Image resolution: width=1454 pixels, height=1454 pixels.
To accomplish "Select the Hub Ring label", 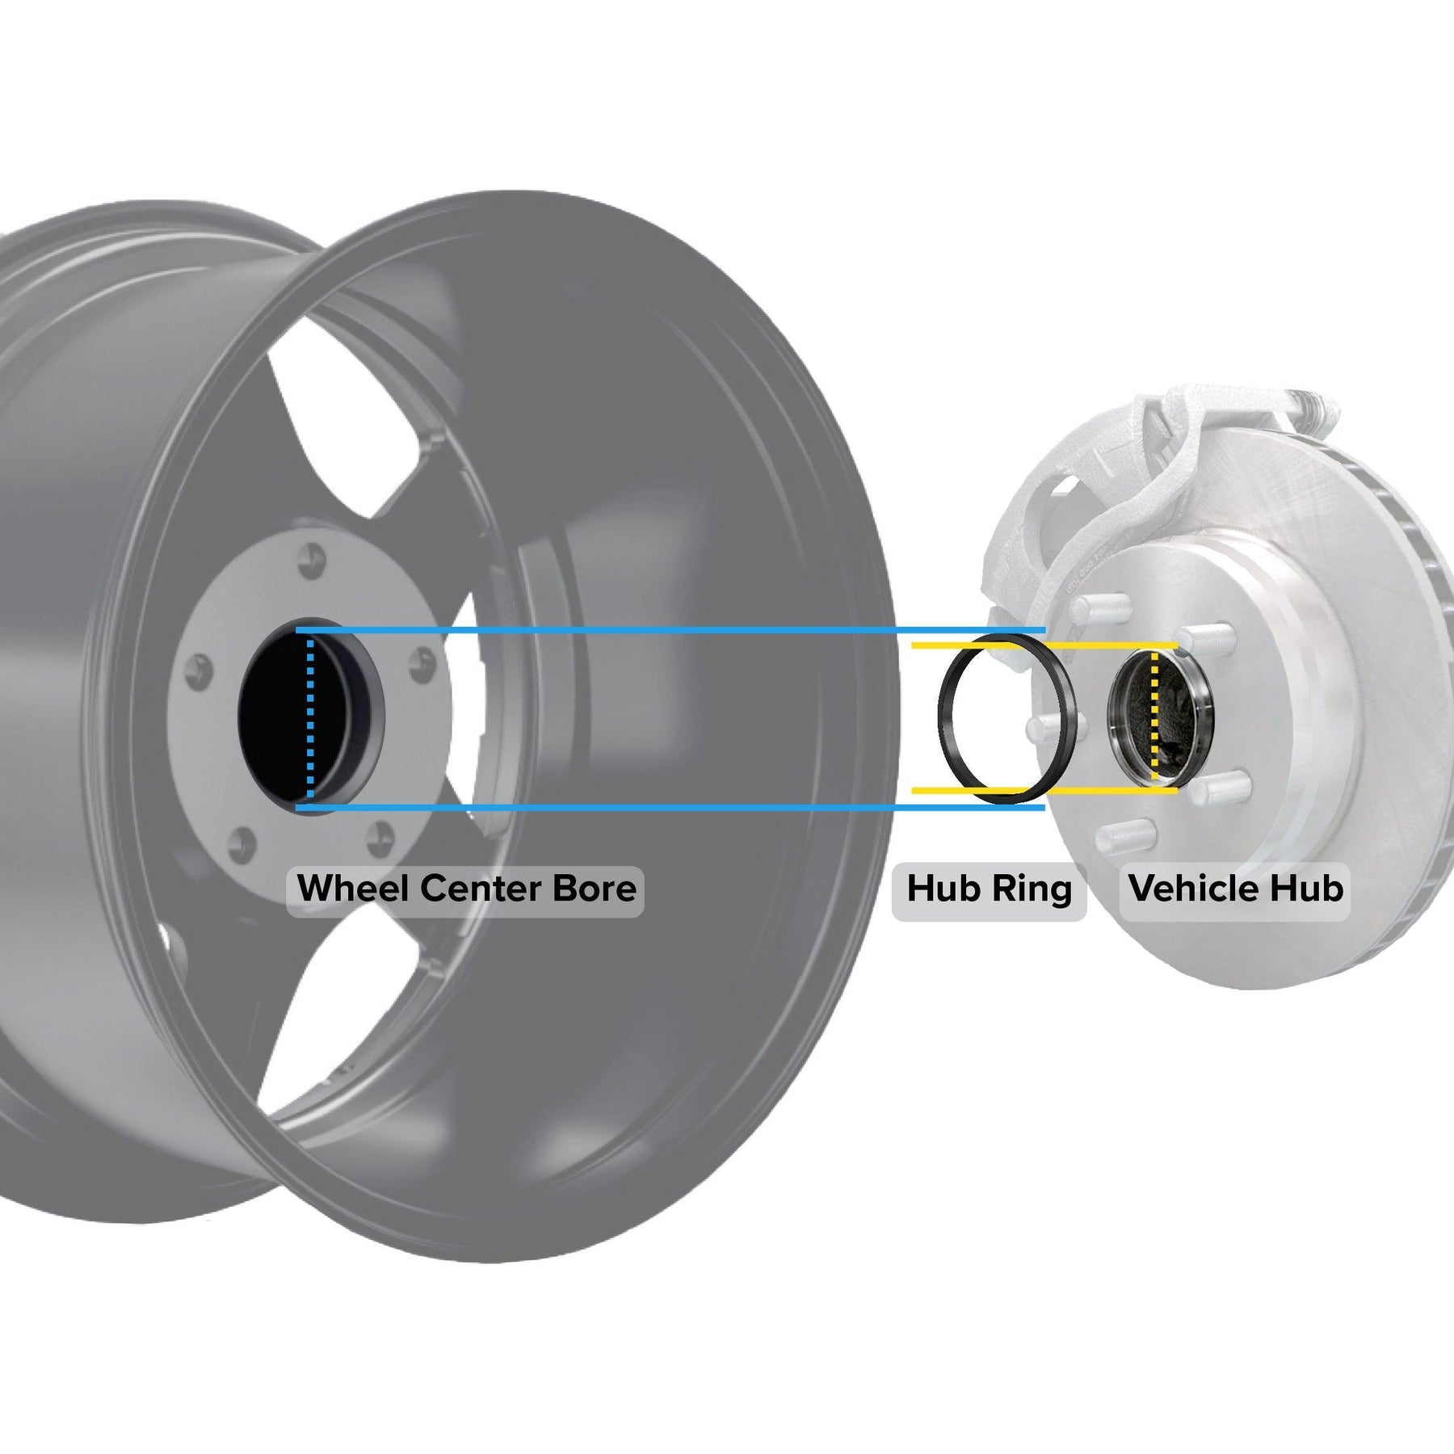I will click(x=989, y=889).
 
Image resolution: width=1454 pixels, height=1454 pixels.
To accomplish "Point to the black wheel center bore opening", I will click(x=279, y=719).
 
